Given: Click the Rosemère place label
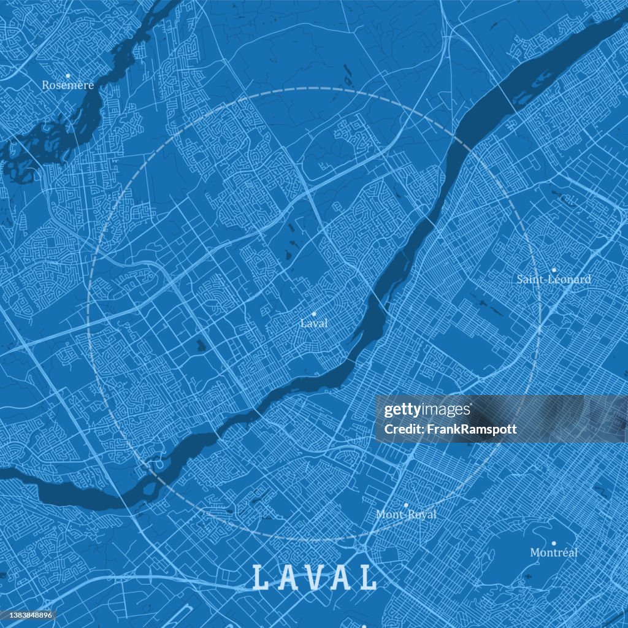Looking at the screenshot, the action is click(67, 85).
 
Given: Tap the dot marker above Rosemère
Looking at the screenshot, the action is click(67, 75).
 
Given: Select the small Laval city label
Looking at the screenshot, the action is click(314, 323).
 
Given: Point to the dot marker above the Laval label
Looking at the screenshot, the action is click(314, 313).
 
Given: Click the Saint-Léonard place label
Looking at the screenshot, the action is click(554, 280).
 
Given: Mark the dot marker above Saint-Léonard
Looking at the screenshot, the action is click(553, 270).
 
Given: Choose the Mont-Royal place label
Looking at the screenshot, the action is click(406, 515).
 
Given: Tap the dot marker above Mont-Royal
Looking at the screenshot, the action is click(405, 505).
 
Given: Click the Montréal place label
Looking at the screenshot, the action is click(554, 553).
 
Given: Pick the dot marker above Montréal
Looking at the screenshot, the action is click(553, 543).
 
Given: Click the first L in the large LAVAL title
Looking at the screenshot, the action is click(261, 578).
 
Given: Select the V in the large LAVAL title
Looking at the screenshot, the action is click(314, 578).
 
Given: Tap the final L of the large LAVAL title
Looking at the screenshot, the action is click(368, 578).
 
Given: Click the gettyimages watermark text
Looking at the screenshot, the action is click(427, 410).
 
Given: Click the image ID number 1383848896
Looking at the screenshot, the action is click(28, 615).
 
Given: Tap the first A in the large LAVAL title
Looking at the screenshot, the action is click(286, 578).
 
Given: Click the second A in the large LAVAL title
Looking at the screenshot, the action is click(342, 578).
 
